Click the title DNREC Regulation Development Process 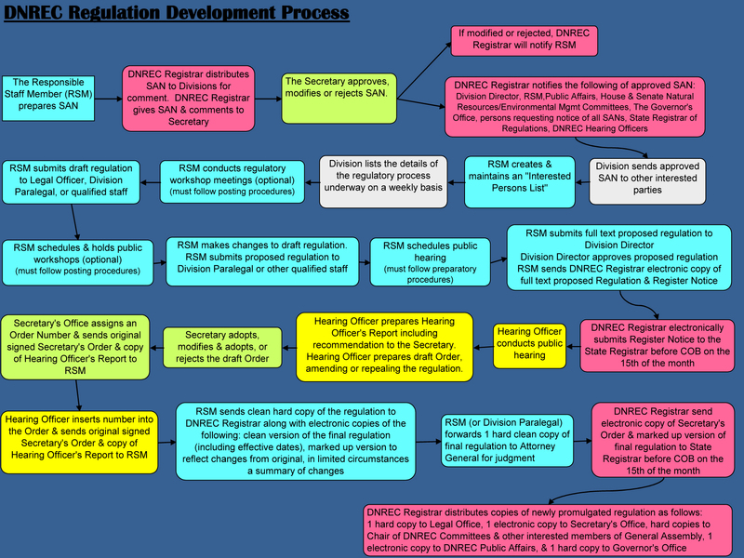(x=177, y=13)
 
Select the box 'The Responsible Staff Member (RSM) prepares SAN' (x=48, y=99)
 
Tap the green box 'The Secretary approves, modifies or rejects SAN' (x=339, y=99)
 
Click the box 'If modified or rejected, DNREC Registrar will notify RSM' (x=524, y=41)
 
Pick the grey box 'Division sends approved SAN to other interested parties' (x=647, y=181)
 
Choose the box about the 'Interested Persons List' (x=520, y=181)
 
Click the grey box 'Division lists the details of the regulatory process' (x=383, y=181)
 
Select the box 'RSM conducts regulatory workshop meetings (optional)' (x=232, y=181)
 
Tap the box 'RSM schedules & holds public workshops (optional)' (x=78, y=262)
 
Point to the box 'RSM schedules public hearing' (x=430, y=262)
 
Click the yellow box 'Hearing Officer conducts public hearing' (x=529, y=346)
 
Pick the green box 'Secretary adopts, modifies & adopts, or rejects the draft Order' (x=222, y=347)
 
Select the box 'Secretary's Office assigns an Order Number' (x=75, y=347)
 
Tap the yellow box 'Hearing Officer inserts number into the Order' (x=79, y=443)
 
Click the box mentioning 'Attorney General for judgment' (x=507, y=440)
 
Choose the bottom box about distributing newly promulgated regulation (x=549, y=530)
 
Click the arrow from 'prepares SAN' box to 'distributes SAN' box (x=108, y=99)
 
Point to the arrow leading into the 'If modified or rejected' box (x=424, y=71)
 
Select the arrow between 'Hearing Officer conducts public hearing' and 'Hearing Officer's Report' (x=483, y=347)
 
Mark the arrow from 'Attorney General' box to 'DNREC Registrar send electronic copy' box (x=582, y=441)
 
